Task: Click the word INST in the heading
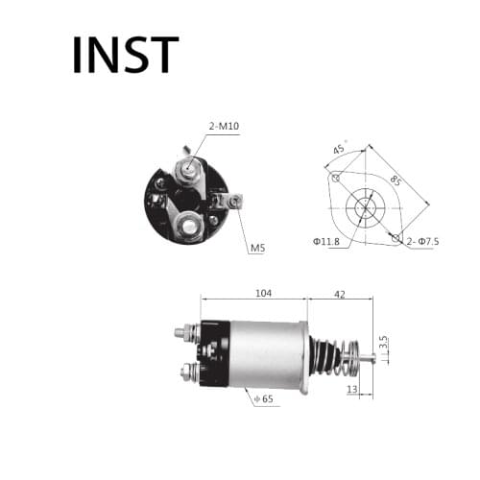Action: (x=125, y=55)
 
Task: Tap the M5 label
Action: (x=257, y=248)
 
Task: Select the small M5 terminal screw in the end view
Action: (x=231, y=201)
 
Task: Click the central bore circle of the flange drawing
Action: (x=363, y=206)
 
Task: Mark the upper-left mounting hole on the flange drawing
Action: (x=335, y=178)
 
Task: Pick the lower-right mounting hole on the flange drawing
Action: (x=394, y=235)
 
